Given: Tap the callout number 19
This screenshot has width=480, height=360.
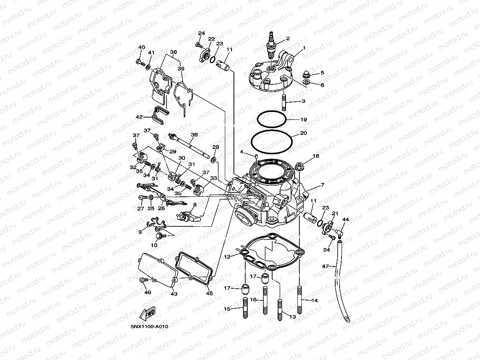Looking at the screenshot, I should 303,119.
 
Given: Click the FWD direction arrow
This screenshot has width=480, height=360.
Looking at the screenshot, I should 148,315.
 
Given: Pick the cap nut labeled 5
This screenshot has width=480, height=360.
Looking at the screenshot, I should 307,74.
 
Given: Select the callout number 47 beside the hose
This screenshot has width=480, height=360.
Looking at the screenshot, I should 325,267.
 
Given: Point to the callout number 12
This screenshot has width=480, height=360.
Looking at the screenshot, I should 227,257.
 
